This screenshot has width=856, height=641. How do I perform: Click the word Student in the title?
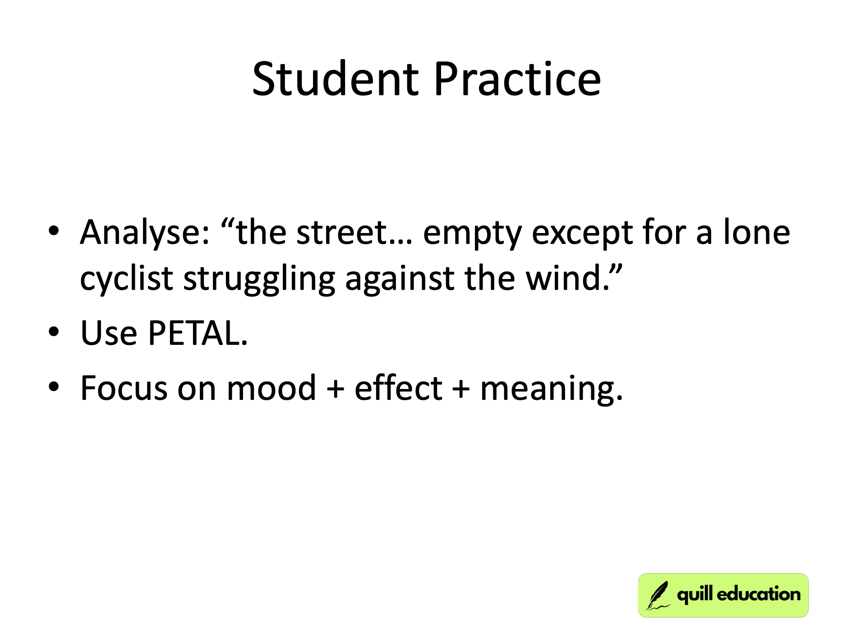click(335, 79)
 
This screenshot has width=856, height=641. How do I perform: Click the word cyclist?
click(126, 279)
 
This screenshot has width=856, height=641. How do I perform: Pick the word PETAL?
click(198, 334)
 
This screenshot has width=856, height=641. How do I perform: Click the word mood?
click(271, 388)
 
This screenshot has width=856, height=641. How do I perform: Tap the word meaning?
click(551, 389)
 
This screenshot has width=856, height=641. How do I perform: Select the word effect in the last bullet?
click(398, 388)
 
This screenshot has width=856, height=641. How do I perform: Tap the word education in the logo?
click(759, 595)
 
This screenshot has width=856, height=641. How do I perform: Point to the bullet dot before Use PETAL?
click(54, 333)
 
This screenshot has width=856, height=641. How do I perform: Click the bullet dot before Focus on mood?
click(54, 387)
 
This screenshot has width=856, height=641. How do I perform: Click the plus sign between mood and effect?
click(335, 389)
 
